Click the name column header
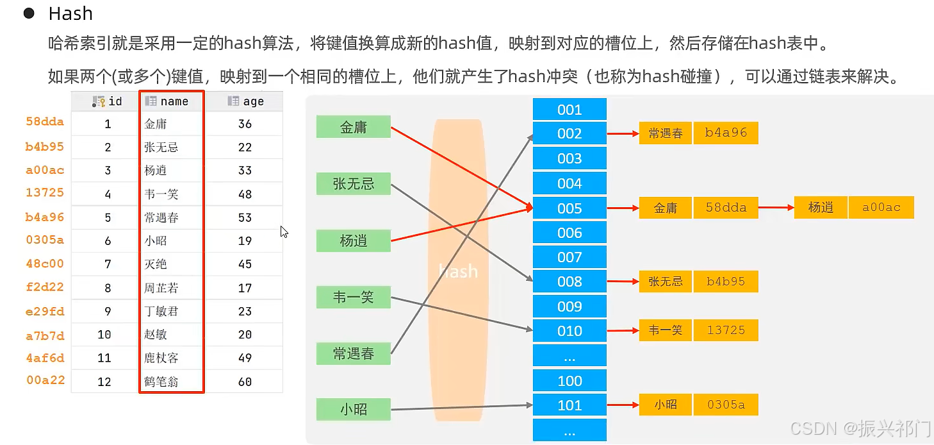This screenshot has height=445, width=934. coord(172,101)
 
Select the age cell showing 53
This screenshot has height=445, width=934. coord(245,217)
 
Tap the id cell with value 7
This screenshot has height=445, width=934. coord(108,264)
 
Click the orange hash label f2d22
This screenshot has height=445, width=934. coord(45,287)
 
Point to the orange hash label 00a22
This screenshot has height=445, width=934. coord(45,380)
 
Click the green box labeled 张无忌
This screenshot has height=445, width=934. coord(353,183)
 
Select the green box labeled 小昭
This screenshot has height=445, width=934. coord(353,409)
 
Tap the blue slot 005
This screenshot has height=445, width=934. coord(569,208)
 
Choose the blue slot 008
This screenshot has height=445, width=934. coord(569,281)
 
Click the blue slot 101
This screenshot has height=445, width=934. coord(569,405)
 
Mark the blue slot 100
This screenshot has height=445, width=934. coord(569,381)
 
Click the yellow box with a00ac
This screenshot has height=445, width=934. coord(881,208)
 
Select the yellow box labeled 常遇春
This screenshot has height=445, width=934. coord(666,133)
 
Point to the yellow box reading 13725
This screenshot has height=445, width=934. coord(726,330)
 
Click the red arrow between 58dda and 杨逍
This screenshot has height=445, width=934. coord(776,208)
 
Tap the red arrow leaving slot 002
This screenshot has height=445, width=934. coord(623,133)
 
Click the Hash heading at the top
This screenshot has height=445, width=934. coord(70,13)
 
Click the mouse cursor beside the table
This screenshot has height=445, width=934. coord(284,231)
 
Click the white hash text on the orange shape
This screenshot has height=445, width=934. coord(458,271)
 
